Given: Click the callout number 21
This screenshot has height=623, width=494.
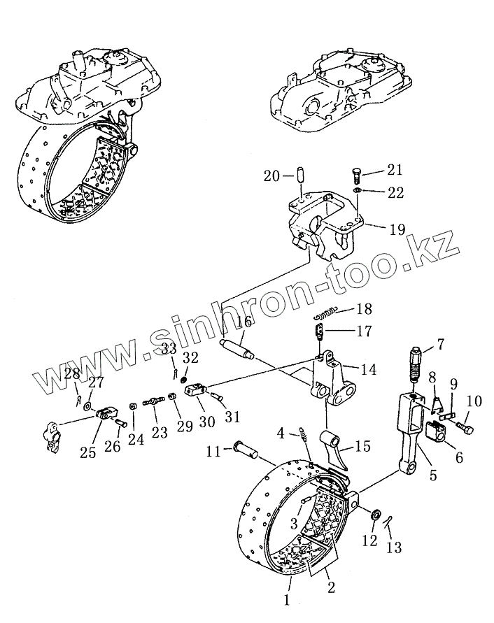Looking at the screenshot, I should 395,170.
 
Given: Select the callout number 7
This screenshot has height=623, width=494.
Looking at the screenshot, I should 440,343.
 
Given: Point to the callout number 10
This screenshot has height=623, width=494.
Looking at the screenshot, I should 474,401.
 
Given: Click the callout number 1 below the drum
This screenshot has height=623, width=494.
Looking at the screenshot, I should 285,599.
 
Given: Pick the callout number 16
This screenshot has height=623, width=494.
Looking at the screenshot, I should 244,322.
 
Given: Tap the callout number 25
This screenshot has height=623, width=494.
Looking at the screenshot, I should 88,453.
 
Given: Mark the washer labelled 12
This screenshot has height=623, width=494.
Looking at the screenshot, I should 375,515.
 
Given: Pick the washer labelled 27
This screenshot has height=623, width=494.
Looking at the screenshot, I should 86,406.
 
